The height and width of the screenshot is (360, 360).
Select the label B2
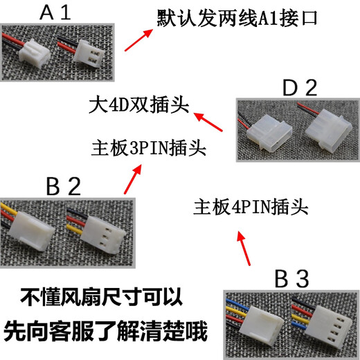tap(64, 186)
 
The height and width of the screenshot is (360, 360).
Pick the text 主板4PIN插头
tap(251, 206)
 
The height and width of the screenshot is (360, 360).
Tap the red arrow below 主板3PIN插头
tap(129, 180)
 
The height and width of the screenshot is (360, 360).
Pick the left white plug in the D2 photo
tap(265, 131)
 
